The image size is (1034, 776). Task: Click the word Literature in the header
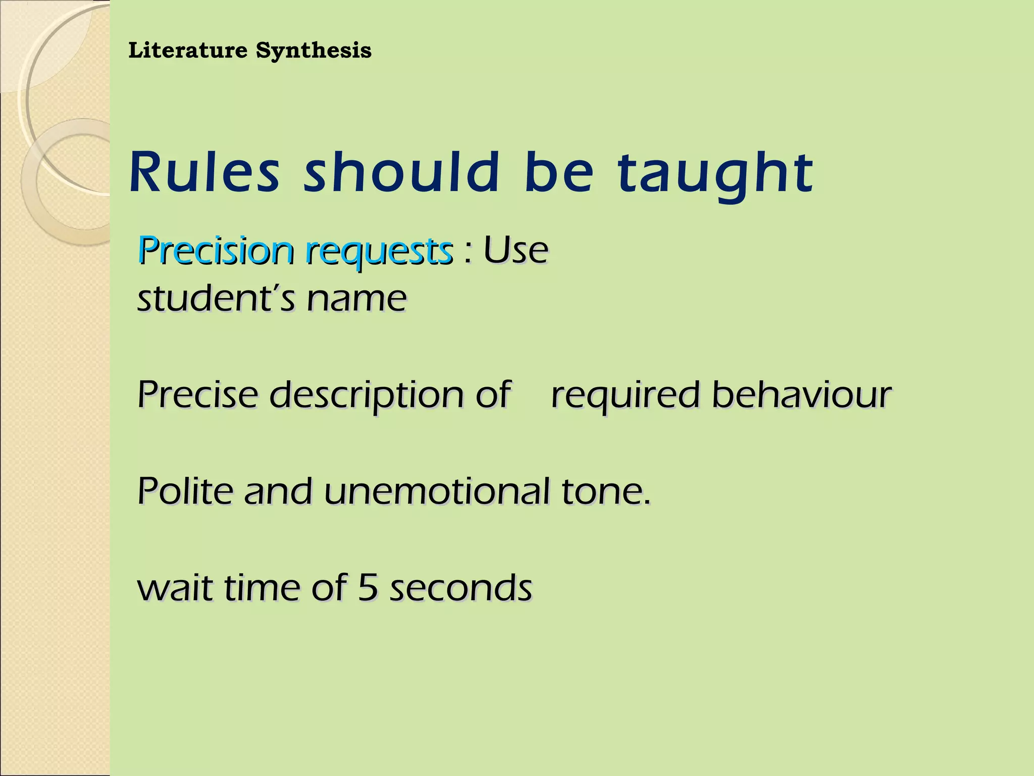pos(188,51)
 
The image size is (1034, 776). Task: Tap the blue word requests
pos(379,252)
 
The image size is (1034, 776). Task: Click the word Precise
pos(197,395)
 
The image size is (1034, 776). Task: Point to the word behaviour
pos(801,395)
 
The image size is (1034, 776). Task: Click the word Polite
pos(185,491)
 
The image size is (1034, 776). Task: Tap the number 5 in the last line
pos(368,588)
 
